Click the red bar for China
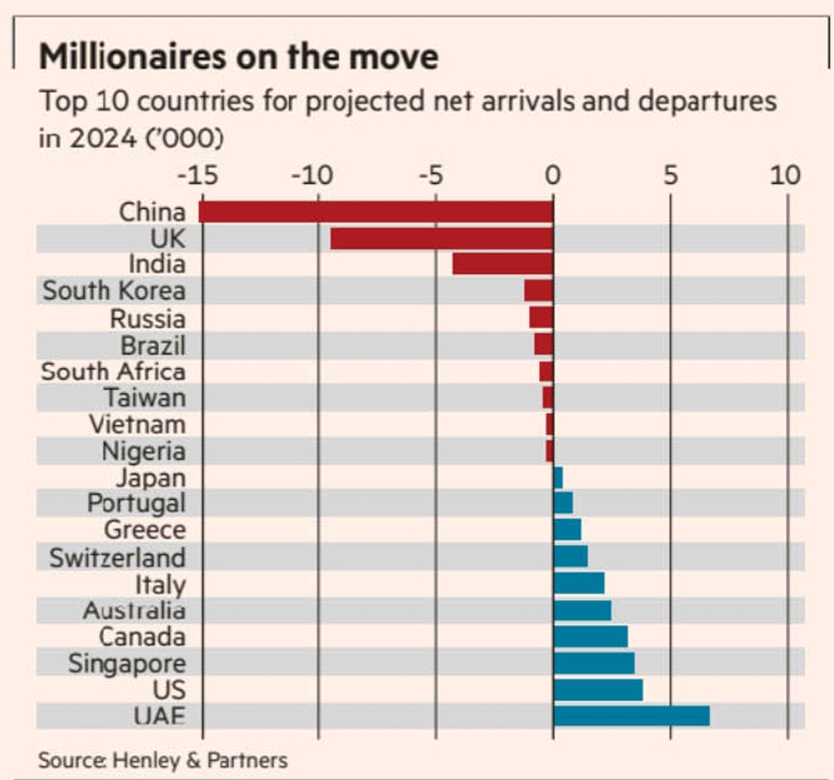pyautogui.click(x=376, y=212)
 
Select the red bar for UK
pyautogui.click(x=442, y=239)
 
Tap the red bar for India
pyautogui.click(x=503, y=264)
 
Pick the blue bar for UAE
pyautogui.click(x=631, y=716)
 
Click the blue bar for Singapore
pyautogui.click(x=594, y=663)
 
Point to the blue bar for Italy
pyautogui.click(x=578, y=583)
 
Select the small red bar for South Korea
pyautogui.click(x=539, y=291)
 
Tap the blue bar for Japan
pyautogui.click(x=558, y=478)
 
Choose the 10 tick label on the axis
pyautogui.click(x=785, y=175)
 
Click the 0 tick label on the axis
pyautogui.click(x=551, y=175)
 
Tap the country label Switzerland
pyautogui.click(x=117, y=557)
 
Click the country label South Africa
pyautogui.click(x=113, y=371)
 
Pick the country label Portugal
pyautogui.click(x=136, y=503)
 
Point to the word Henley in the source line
pyautogui.click(x=146, y=760)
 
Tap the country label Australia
pyautogui.click(x=134, y=611)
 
